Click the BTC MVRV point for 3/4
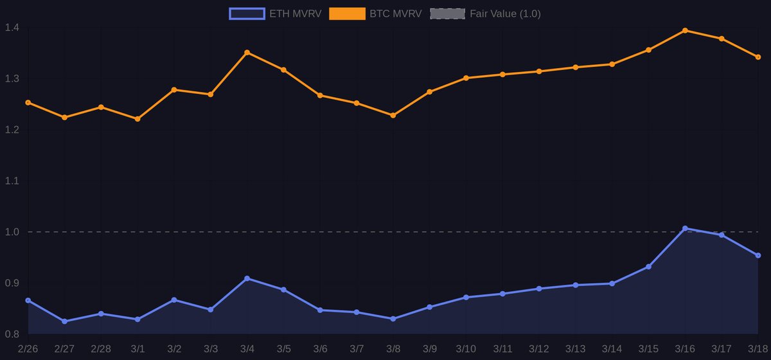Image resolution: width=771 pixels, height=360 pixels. [247, 53]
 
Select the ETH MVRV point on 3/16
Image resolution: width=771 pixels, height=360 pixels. [685, 228]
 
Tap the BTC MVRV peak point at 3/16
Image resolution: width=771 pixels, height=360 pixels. [685, 30]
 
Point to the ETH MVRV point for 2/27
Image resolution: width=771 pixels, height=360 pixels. [64, 321]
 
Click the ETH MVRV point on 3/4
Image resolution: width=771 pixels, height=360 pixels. [247, 278]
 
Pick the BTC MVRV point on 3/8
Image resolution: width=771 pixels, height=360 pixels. [393, 115]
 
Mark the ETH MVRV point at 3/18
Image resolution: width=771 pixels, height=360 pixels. [758, 255]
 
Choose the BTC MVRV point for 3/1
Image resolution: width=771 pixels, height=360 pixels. [137, 119]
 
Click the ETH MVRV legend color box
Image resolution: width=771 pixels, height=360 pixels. [247, 14]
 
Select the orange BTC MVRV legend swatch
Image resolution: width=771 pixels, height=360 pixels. [347, 14]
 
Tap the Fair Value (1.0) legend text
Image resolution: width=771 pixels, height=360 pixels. [505, 14]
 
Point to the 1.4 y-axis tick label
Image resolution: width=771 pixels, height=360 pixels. [11, 28]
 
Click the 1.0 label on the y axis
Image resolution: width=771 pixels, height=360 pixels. [11, 232]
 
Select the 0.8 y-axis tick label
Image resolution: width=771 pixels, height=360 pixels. [11, 334]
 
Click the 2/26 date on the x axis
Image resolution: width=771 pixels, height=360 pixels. [28, 348]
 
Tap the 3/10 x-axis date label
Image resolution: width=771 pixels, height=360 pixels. [466, 348]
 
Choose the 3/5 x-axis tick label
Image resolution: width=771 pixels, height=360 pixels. [283, 348]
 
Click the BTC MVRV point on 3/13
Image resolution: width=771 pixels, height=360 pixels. [576, 67]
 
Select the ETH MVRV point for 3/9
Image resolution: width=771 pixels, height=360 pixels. [430, 307]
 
